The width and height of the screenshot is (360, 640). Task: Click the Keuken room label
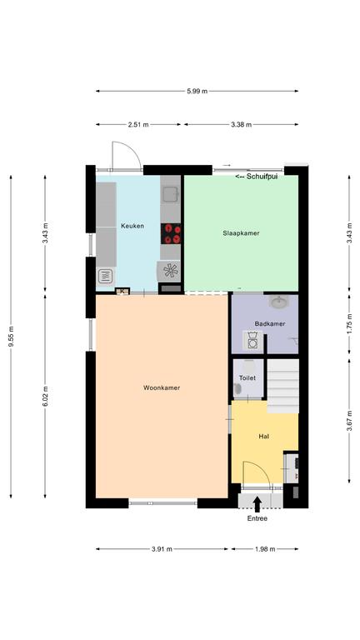(132, 226)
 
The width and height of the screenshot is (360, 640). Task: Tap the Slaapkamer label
(241, 233)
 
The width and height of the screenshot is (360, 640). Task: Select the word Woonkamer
(162, 387)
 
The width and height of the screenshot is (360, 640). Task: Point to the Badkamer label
(270, 323)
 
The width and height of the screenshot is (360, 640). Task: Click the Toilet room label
(247, 378)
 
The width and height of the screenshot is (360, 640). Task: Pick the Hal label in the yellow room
(263, 437)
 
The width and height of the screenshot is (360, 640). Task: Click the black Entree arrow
(257, 504)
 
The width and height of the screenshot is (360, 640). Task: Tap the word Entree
(257, 518)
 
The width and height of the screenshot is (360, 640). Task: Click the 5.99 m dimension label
(197, 91)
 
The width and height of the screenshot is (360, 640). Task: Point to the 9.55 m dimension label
(11, 337)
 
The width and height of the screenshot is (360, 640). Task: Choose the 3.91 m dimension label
(162, 549)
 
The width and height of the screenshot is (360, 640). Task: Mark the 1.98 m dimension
(265, 549)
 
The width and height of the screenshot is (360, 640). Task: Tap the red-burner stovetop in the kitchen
(171, 234)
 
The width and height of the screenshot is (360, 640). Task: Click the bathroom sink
(280, 302)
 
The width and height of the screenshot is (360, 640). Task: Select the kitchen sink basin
(170, 194)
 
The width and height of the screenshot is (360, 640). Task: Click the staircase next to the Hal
(282, 386)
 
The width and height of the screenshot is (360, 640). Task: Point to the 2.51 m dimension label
(138, 124)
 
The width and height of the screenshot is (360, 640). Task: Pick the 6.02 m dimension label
(45, 397)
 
